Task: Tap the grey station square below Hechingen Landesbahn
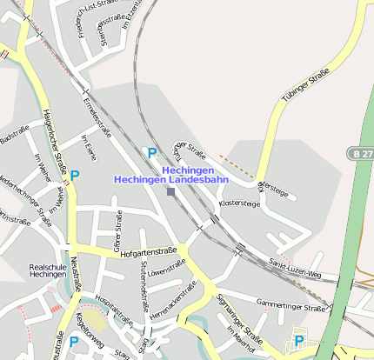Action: coord(170,191)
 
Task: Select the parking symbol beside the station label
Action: coord(152,152)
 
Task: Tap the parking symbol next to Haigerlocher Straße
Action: coord(74,174)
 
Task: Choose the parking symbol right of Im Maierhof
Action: coord(299,340)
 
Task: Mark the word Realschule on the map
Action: coord(47,267)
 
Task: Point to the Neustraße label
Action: coord(75,273)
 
